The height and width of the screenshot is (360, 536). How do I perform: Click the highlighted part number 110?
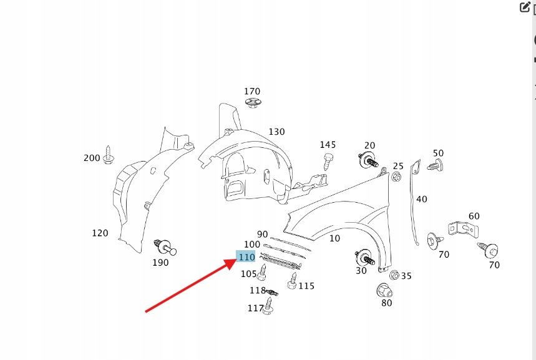coord(246,256)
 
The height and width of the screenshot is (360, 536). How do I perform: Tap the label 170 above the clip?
coord(252,92)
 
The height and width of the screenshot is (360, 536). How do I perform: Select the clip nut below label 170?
coord(252,103)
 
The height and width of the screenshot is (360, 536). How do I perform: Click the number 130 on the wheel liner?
coord(276,132)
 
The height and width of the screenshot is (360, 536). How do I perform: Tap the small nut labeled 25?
coord(396,177)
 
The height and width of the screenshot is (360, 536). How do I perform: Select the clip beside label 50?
coord(436,165)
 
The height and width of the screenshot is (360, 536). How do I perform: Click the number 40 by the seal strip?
coord(422,199)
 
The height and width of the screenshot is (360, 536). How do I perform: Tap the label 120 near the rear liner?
coord(100,233)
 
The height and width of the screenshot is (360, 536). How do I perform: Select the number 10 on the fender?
coord(334,238)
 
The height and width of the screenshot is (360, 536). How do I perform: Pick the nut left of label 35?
coord(394,275)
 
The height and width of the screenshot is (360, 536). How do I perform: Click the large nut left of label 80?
coord(384,291)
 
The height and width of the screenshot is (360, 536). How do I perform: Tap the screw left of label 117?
coord(270,306)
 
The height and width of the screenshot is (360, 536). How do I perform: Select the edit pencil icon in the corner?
coord(524,7)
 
